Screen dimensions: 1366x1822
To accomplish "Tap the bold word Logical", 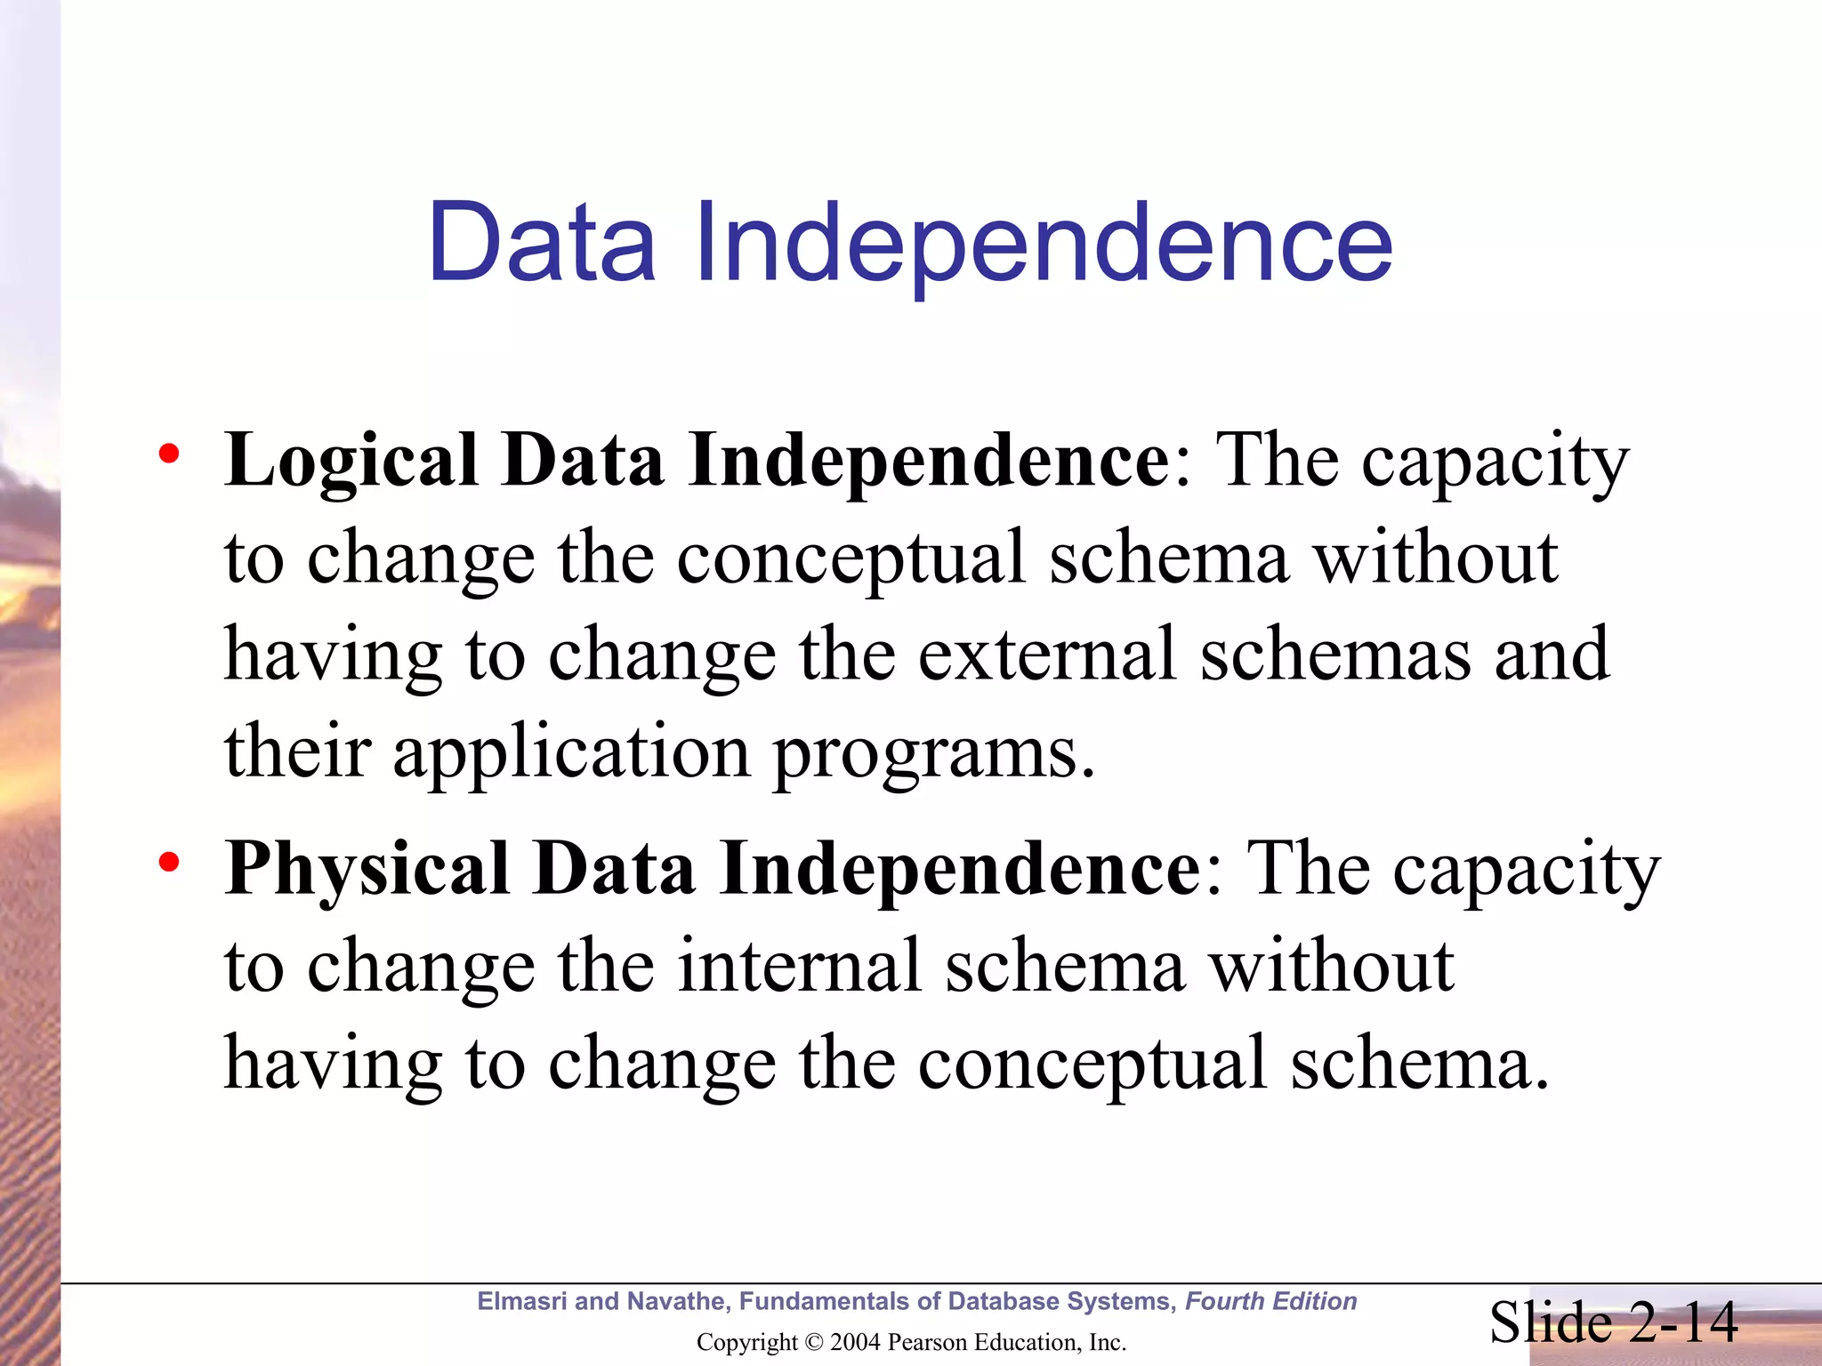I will pos(351,462).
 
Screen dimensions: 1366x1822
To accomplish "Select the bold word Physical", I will pos(367,870).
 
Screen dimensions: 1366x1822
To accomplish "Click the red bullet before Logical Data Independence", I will pos(168,455).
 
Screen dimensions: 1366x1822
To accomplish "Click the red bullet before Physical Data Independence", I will pos(168,863).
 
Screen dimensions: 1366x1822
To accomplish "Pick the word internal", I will pos(799,967).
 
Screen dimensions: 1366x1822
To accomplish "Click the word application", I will pos(571,752).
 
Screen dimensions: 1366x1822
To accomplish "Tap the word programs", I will pos(934,752).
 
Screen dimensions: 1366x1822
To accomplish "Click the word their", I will pos(297,751).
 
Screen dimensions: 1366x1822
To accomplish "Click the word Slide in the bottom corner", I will pos(1550,1322).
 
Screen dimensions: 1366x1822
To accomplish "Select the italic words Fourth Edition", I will pos(1270,1301).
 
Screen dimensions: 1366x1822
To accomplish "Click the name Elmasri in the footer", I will pos(522,1301).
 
